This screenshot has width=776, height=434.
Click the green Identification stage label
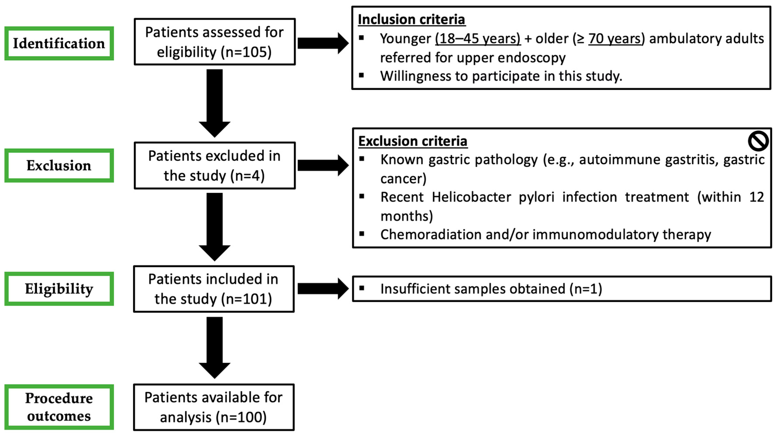pos(59,43)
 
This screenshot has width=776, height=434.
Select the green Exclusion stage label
pos(59,165)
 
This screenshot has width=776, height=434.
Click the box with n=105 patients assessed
pos(214,42)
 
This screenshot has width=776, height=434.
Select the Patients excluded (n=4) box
pos(214,166)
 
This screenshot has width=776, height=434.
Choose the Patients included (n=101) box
pos(214,289)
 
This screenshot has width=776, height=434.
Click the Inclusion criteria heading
pos(412,20)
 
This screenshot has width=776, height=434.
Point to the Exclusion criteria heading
pos(413,141)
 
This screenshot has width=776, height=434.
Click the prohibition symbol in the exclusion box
pos(758,141)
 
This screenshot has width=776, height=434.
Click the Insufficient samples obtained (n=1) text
pos(491,289)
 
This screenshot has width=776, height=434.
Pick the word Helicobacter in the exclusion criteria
pos(471,197)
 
